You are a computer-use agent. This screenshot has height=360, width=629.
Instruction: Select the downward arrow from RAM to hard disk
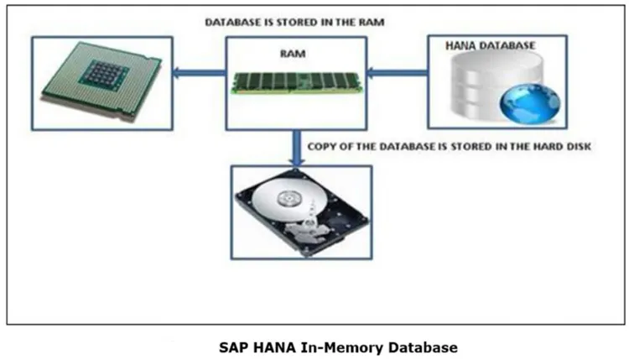point(295,147)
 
